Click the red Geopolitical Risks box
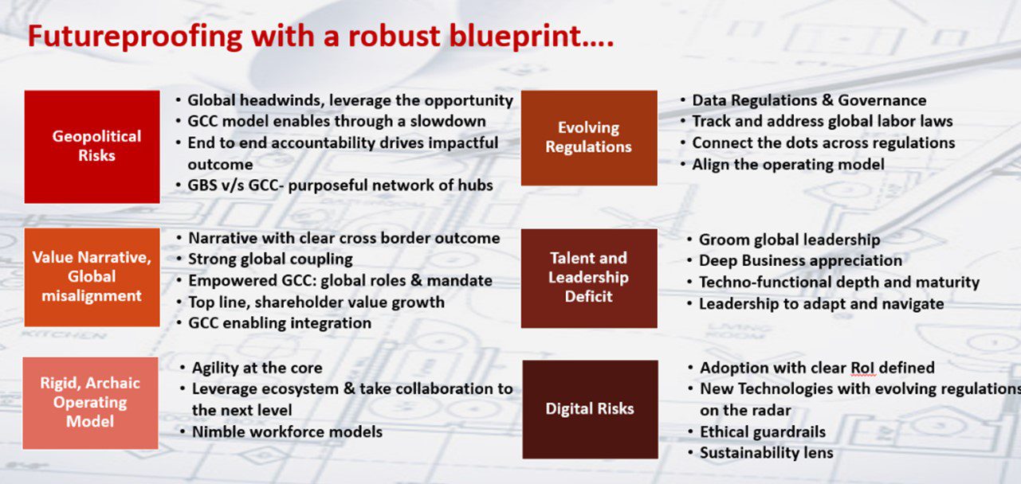(92, 146)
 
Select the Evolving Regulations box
(589, 138)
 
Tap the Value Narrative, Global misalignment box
(92, 277)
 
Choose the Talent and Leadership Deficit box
(589, 278)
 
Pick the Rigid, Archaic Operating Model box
(90, 403)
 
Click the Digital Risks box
(590, 409)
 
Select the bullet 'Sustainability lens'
(766, 453)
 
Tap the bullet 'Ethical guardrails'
(762, 432)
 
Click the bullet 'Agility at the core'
(257, 368)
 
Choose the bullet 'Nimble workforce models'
(287, 432)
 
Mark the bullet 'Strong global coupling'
(270, 260)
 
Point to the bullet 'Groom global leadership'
(789, 240)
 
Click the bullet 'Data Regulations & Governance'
(809, 100)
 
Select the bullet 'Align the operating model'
(787, 165)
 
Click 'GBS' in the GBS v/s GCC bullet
(203, 185)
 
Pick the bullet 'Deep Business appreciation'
(800, 261)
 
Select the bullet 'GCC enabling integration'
(279, 323)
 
